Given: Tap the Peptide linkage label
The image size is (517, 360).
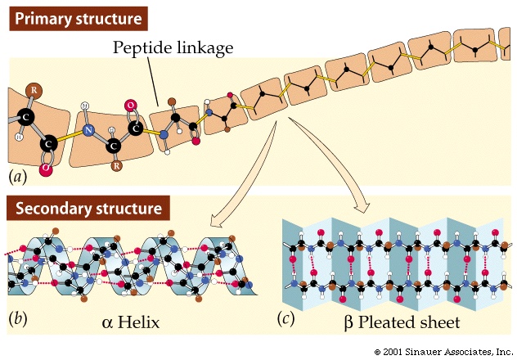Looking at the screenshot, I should click(173, 48).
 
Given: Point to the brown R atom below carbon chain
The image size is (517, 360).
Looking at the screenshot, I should click(117, 166).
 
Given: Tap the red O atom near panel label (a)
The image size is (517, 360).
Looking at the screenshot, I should click(47, 169).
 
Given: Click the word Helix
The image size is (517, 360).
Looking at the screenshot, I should click(137, 322).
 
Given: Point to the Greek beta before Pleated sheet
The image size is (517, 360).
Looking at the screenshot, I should click(349, 322).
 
